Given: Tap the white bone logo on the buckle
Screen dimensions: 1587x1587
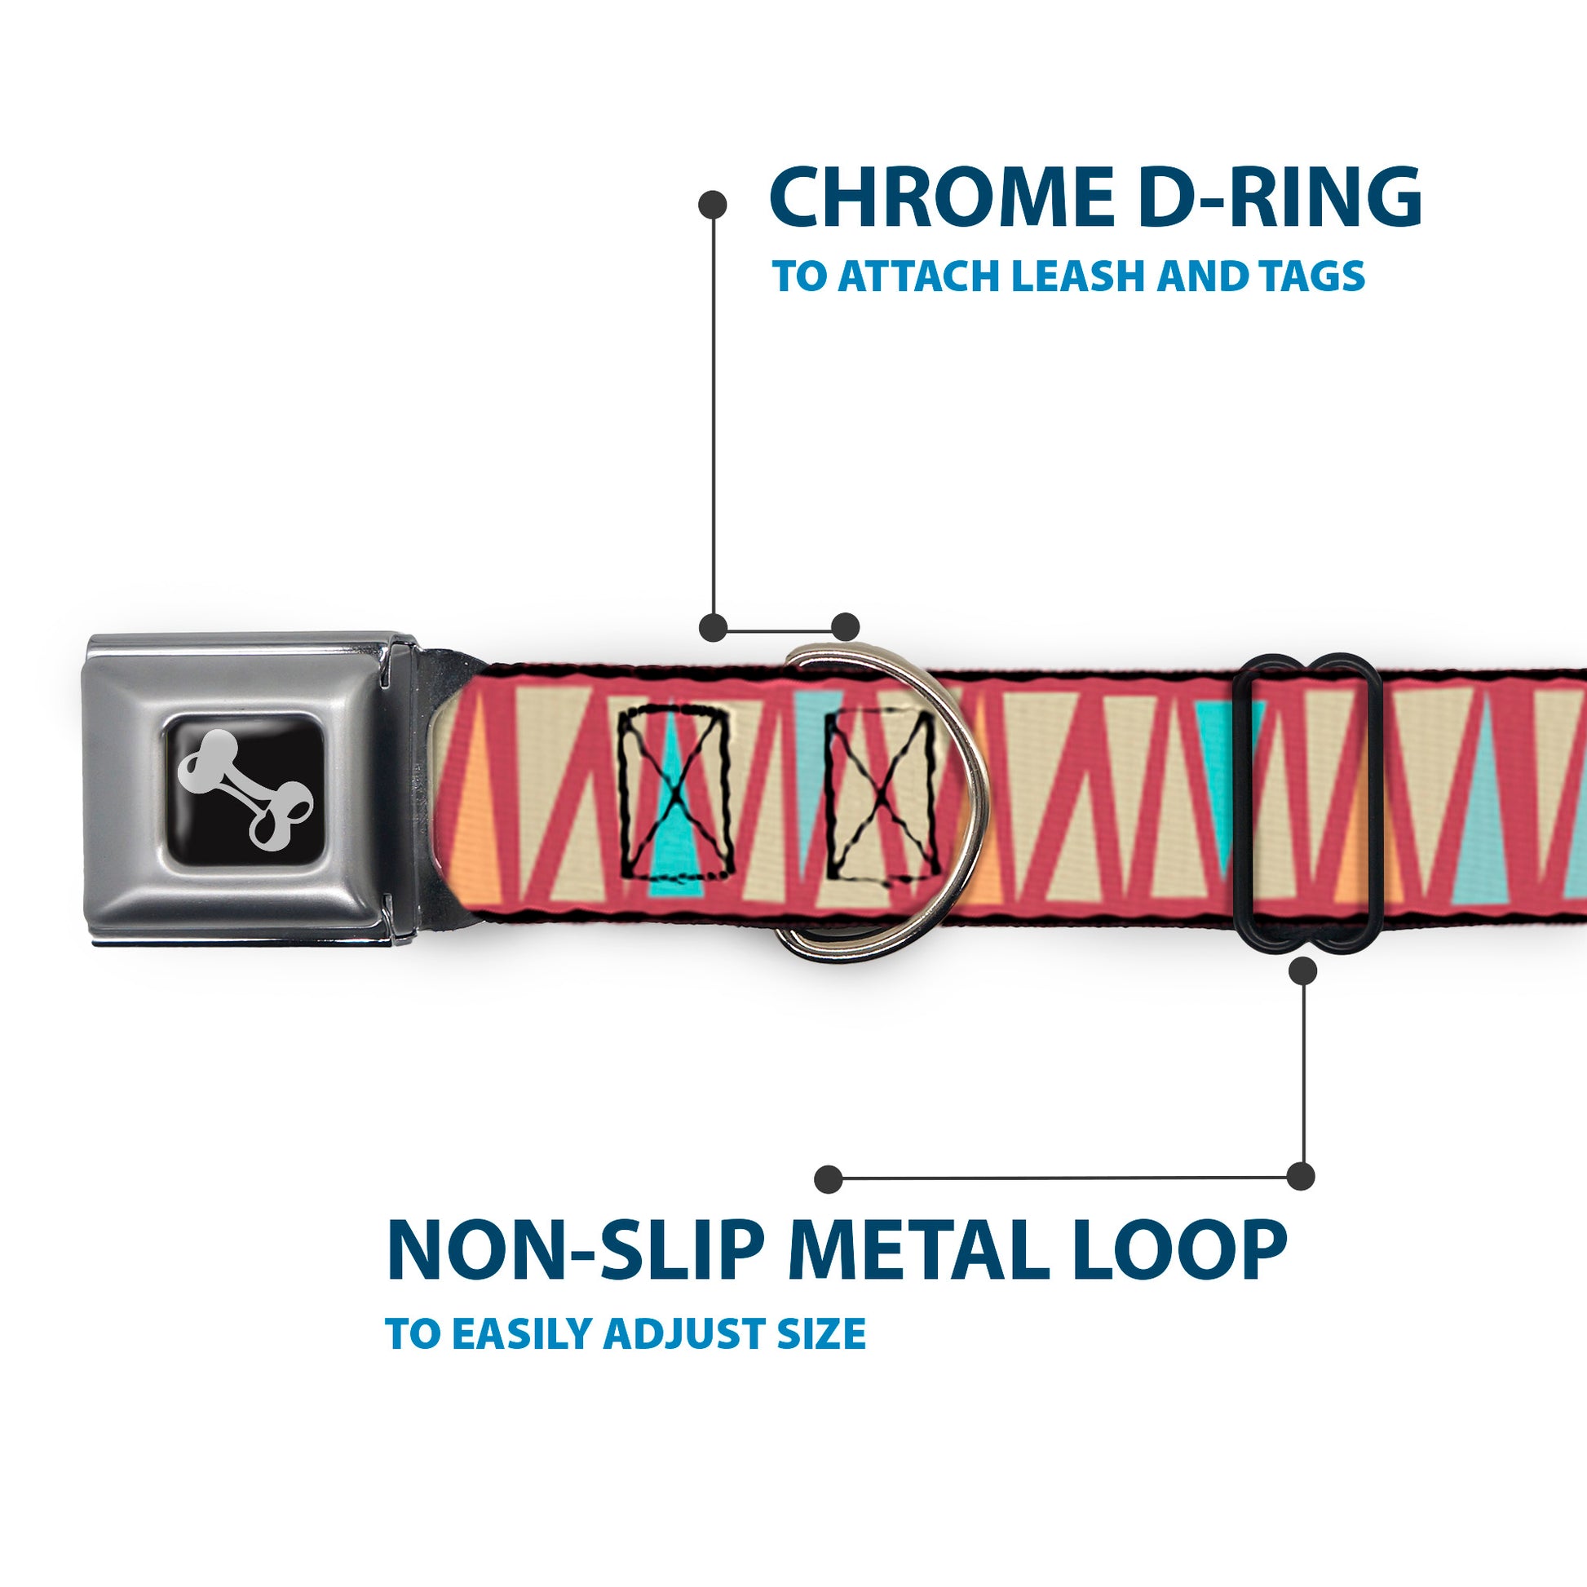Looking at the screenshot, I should point(244,789).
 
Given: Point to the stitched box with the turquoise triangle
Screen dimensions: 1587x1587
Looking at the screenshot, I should point(674,792).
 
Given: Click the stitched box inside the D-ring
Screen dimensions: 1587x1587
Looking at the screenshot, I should point(882,793).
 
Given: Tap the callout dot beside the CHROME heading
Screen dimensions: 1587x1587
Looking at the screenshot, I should point(711,205).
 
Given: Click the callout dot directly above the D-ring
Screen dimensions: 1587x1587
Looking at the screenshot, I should point(844,628).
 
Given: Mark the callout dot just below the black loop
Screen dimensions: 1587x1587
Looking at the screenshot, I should point(1302,971).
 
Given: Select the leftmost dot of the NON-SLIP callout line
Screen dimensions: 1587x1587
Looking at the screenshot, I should point(828,1179).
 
